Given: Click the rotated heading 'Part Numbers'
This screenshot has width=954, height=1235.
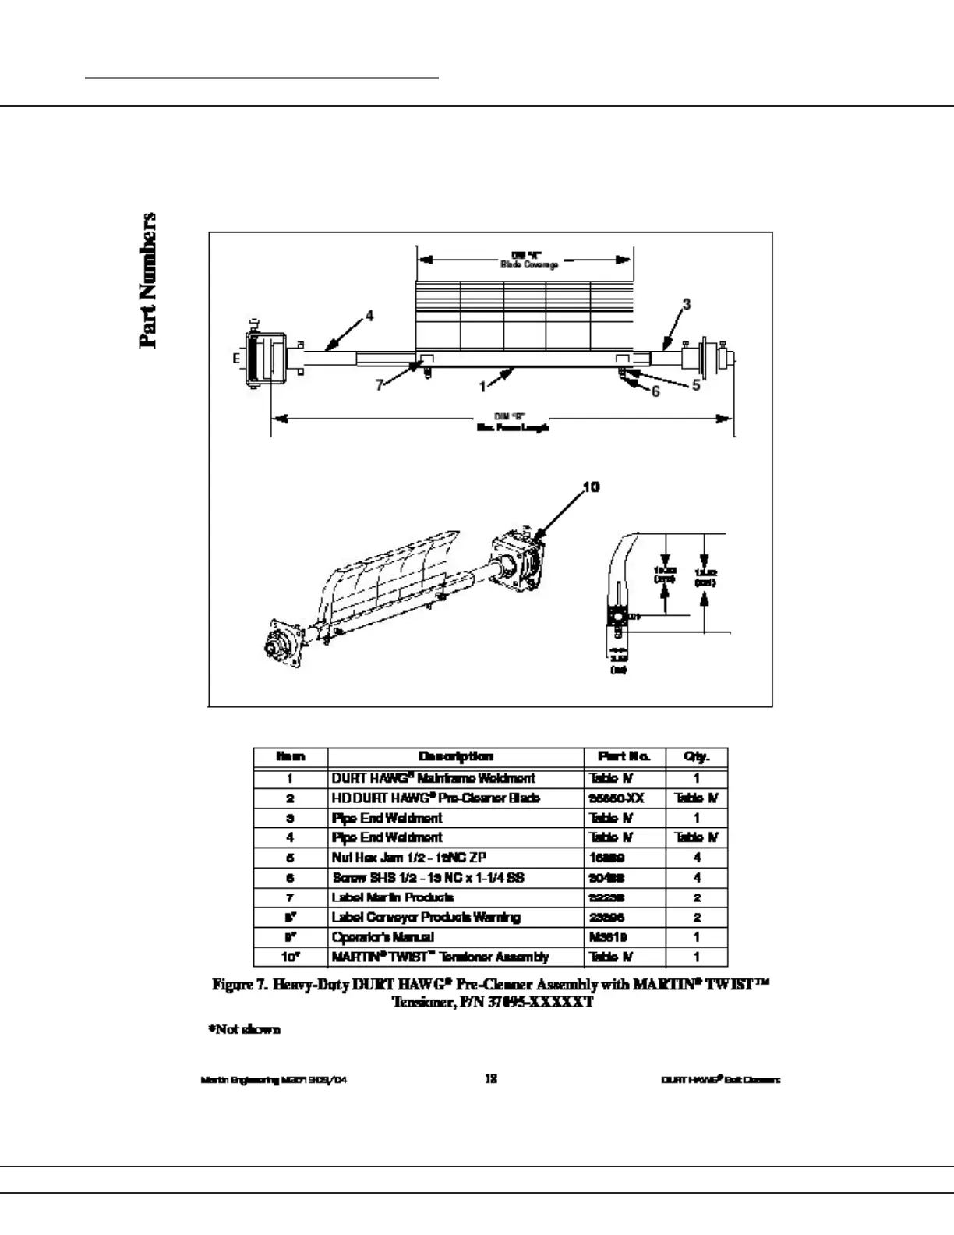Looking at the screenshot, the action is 147,280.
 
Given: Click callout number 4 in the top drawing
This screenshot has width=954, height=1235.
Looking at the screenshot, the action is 369,316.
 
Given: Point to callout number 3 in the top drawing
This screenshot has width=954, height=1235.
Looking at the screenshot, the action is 686,304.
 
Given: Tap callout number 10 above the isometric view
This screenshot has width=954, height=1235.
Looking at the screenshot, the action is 591,487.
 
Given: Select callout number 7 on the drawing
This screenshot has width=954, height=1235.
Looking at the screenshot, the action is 380,385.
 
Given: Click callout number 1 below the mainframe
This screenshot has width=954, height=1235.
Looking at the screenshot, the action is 482,385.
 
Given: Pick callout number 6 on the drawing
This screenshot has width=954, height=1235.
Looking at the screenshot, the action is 655,391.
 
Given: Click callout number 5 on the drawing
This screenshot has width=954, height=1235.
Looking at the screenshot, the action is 695,385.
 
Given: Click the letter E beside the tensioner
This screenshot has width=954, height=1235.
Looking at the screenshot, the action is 235,359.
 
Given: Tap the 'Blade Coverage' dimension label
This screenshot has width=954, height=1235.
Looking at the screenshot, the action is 529,264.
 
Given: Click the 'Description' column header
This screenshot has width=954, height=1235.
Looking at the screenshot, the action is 456,756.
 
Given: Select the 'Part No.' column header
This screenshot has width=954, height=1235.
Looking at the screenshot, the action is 624,756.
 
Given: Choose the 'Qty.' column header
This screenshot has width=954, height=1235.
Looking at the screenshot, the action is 696,756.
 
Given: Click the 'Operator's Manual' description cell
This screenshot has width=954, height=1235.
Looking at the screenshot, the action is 383,937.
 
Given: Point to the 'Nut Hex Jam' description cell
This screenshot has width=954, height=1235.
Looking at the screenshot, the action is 409,858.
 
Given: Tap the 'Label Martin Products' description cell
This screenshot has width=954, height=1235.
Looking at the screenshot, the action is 393,897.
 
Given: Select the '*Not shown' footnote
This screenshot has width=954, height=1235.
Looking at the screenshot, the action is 244,1029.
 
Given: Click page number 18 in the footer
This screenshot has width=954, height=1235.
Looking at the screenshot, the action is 491,1079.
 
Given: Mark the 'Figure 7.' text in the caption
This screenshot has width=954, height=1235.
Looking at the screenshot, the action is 239,985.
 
